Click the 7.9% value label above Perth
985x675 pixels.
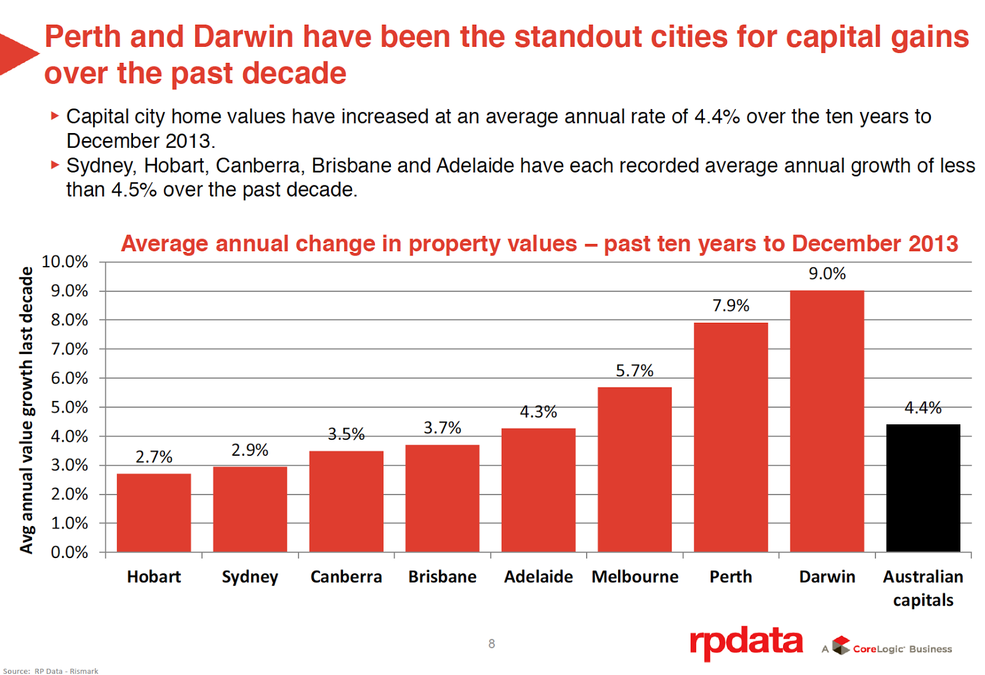click(731, 305)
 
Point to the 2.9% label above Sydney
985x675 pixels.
click(250, 450)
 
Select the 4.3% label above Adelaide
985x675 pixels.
click(539, 411)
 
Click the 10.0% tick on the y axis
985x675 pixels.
click(65, 262)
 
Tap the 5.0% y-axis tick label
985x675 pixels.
click(69, 407)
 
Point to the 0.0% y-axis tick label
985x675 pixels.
click(69, 552)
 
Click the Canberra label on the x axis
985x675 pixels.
click(346, 577)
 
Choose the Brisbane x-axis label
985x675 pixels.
click(442, 577)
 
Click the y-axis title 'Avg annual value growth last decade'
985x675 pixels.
click(26, 410)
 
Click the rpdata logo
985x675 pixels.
click(746, 643)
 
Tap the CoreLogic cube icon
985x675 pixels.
click(841, 645)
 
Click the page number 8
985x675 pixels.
click(491, 644)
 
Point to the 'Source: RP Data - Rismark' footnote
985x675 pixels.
click(50, 671)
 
